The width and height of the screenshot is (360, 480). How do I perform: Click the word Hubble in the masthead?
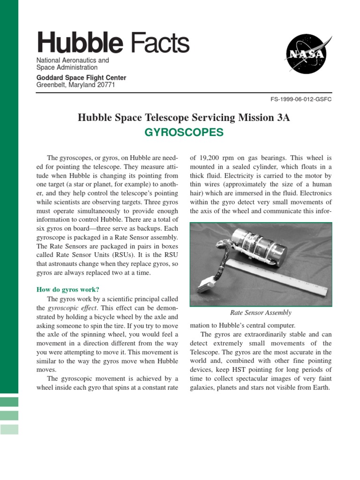[x=80, y=43]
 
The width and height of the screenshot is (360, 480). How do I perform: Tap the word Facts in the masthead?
[x=160, y=43]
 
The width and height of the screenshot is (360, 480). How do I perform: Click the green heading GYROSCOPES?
[x=184, y=133]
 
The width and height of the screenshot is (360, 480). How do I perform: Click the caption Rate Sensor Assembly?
[x=261, y=313]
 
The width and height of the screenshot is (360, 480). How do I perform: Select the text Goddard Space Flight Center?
[x=81, y=78]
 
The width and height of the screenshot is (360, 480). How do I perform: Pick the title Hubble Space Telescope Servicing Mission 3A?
[x=184, y=118]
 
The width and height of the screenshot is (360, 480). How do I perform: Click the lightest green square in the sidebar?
[x=9, y=429]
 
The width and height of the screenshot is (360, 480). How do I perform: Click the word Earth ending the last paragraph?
[x=321, y=388]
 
